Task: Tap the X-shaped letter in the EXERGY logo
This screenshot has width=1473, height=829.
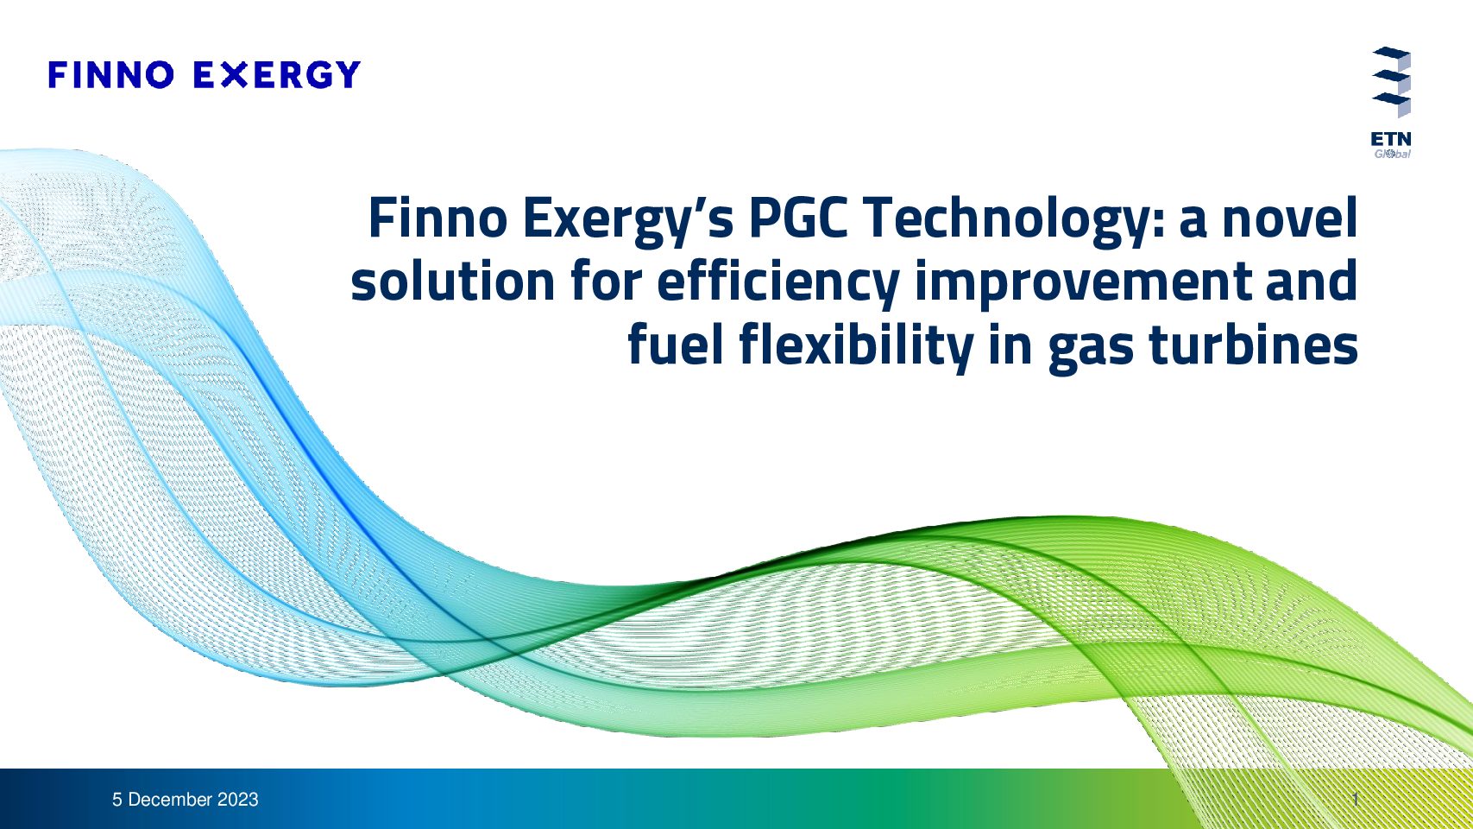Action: (x=234, y=74)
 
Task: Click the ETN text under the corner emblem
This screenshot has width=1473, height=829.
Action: (x=1391, y=139)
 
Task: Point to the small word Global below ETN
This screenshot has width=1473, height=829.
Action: (x=1392, y=154)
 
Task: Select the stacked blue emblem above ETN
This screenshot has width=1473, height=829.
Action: (x=1392, y=82)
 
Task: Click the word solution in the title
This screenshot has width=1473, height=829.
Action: (x=453, y=281)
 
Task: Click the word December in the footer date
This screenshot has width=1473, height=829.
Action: (x=170, y=800)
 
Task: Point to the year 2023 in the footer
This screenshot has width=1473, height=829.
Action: (x=238, y=800)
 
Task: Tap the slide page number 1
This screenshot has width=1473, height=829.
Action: (x=1356, y=800)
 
